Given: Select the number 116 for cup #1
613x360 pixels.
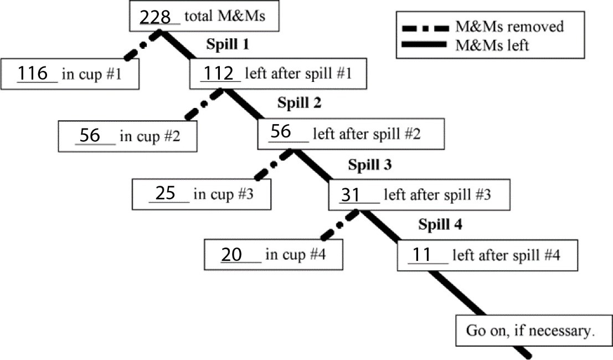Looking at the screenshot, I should point(33,74).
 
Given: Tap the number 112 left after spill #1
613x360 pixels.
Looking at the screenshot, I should point(219,73).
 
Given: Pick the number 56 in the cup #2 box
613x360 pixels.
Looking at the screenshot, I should point(90,135).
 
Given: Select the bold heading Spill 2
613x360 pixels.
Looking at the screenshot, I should point(299,102).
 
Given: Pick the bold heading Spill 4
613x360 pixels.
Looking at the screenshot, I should point(440,224).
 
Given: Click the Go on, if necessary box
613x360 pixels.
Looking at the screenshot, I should point(530,331).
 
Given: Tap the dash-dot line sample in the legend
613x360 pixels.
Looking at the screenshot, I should point(424,27).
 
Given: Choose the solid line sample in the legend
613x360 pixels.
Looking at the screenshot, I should point(424,45).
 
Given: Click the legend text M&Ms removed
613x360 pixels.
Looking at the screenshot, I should point(509,27).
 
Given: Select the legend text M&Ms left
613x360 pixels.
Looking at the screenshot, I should point(492,45).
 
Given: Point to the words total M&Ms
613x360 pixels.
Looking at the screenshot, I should point(225,16).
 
